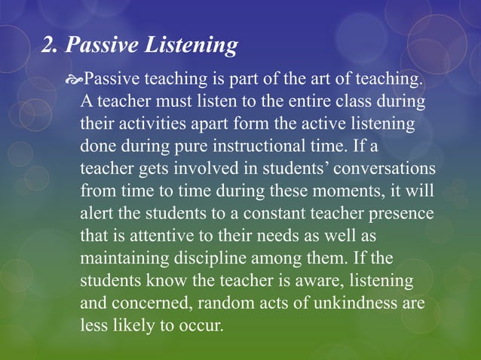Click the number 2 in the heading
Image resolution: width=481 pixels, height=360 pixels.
click(47, 47)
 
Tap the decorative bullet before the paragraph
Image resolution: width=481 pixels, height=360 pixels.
click(74, 79)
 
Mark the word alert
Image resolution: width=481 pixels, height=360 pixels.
click(97, 213)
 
